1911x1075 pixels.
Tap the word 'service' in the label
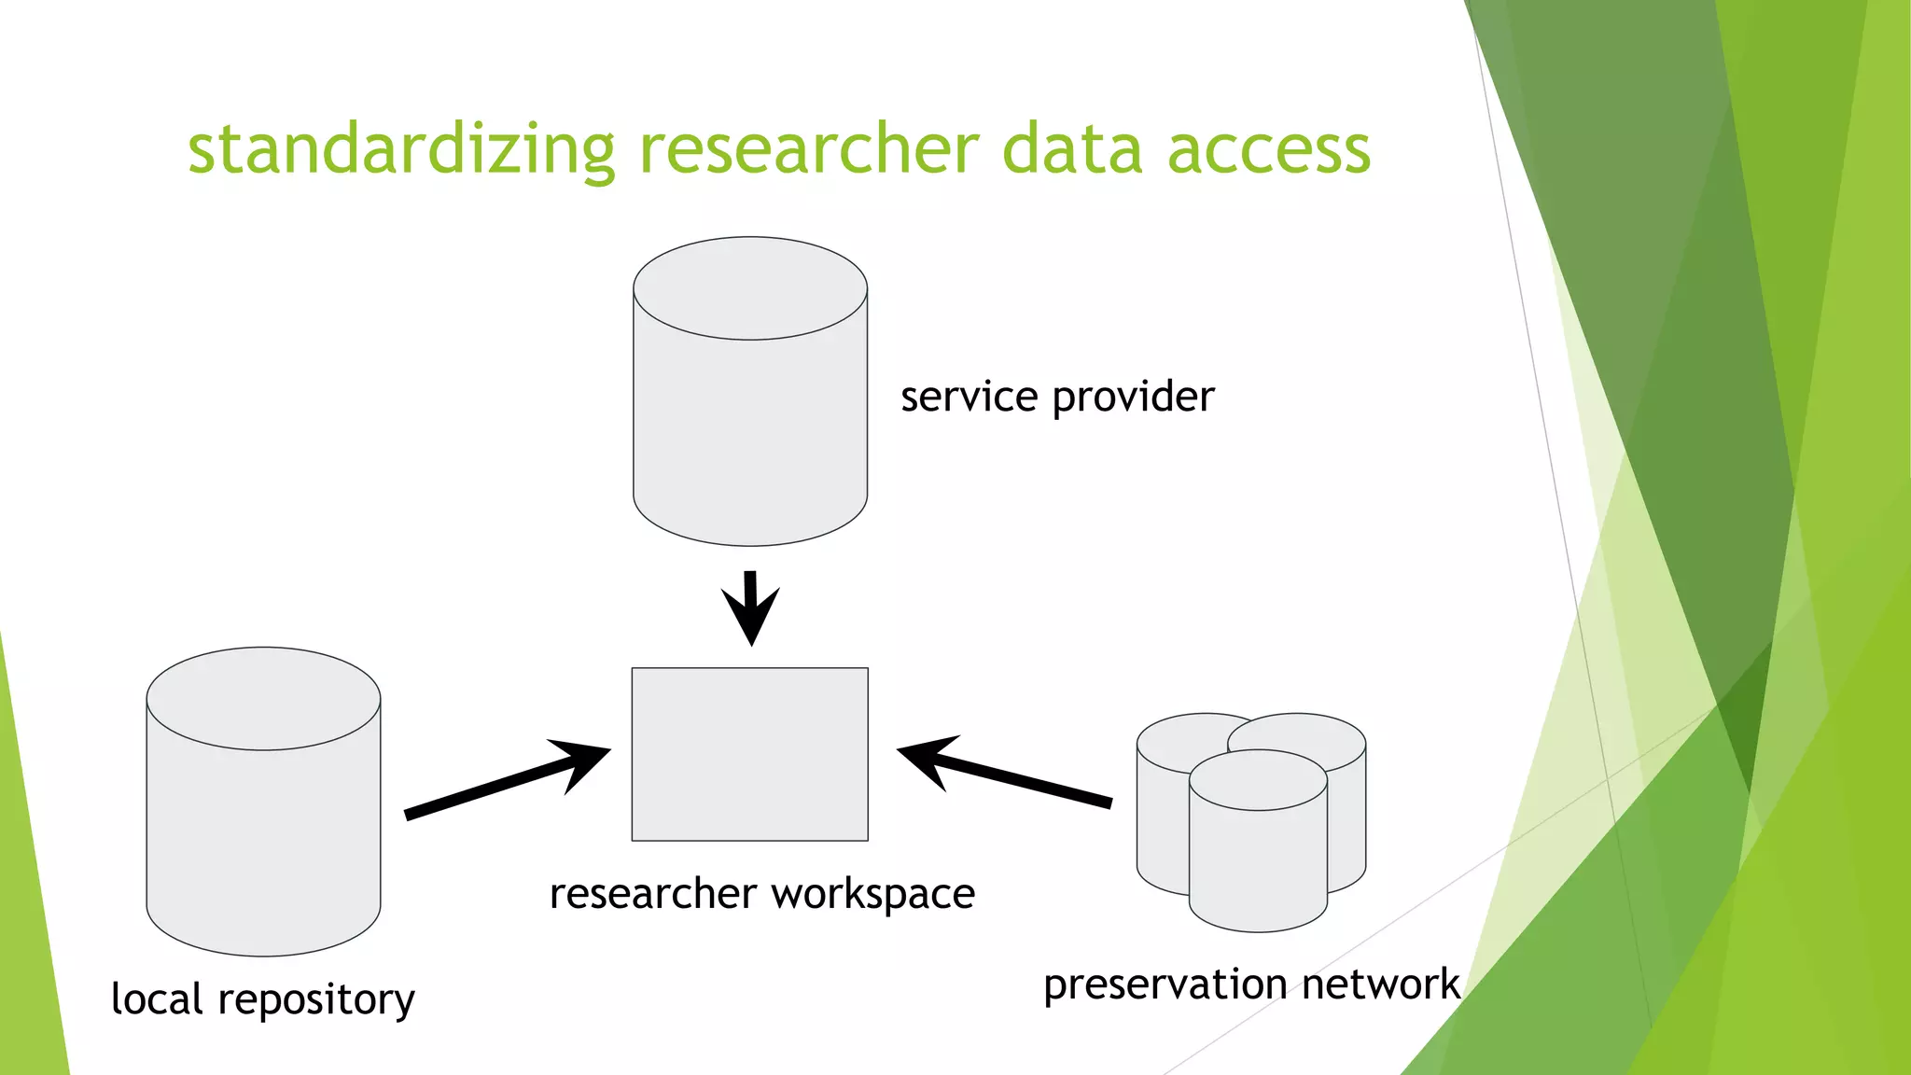969,398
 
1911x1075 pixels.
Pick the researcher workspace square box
750,754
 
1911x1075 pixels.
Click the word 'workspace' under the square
873,895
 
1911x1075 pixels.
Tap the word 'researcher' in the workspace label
652,894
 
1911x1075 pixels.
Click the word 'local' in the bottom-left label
156,998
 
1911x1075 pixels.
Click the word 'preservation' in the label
1165,985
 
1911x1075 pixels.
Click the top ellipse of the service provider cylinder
750,287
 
